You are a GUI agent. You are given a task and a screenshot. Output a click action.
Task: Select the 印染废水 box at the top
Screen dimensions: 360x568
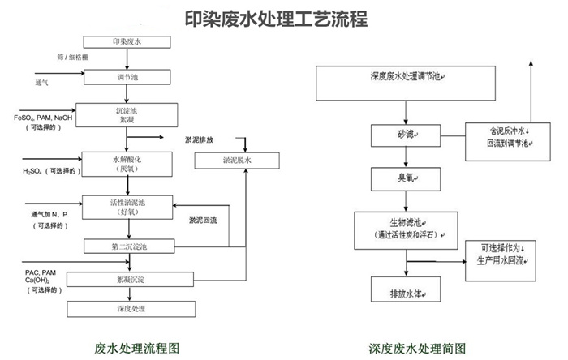tap(127, 42)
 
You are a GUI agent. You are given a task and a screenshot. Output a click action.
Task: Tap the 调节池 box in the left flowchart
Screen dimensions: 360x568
tap(127, 77)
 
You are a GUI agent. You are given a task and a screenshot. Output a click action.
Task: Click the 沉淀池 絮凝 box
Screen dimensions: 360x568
tap(125, 114)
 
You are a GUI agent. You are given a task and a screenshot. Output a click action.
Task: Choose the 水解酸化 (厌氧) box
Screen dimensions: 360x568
tap(127, 163)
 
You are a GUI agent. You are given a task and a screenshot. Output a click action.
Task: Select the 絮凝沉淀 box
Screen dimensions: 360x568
tap(126, 280)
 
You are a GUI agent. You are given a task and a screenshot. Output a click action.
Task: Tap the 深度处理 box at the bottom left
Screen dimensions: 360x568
tap(126, 308)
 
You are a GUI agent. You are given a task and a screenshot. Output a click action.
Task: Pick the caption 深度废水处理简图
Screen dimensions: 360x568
tap(415, 347)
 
